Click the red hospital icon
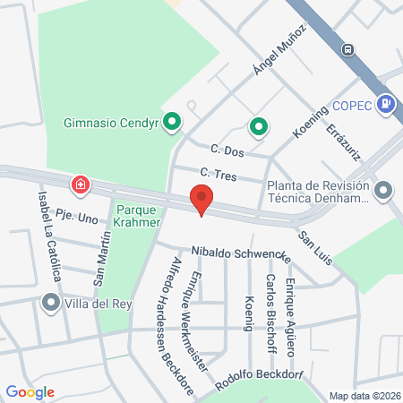81,184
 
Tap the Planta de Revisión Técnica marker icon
383,190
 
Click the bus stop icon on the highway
347,47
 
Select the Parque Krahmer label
137,216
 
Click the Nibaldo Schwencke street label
241,254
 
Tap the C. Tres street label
219,174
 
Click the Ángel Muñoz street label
279,50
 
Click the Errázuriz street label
345,141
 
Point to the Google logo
30,391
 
